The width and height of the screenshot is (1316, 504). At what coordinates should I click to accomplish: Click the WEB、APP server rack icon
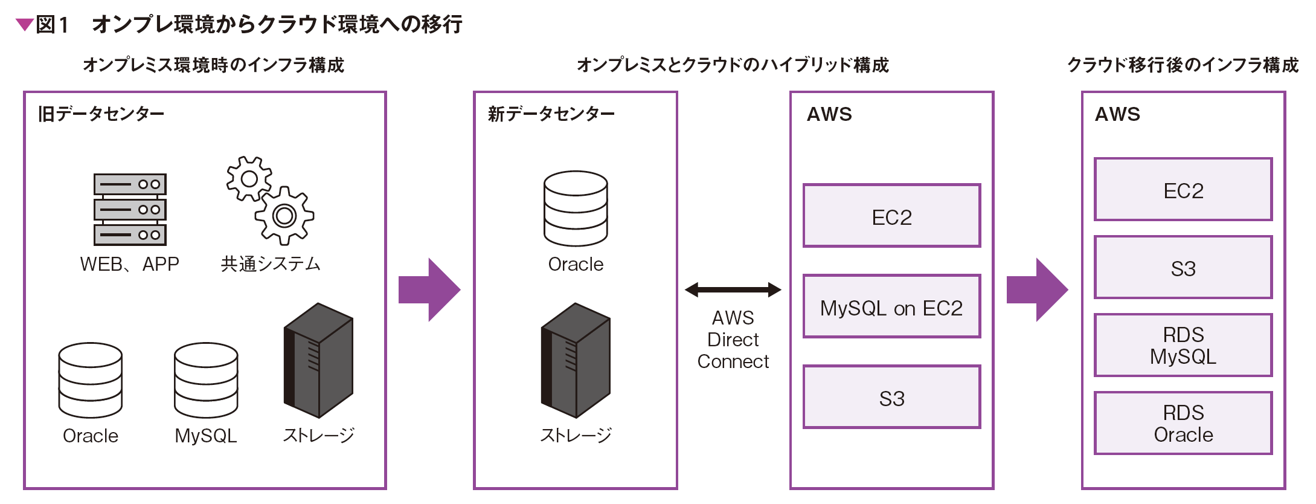130,209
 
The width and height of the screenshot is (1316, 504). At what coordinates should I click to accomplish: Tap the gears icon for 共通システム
270,201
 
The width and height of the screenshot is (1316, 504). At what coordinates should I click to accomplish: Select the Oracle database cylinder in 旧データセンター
91,380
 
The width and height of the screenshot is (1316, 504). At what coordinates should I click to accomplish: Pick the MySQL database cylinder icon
206,380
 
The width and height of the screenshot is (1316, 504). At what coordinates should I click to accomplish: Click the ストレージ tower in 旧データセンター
318,360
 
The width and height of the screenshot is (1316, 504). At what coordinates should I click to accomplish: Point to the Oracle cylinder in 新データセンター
576,208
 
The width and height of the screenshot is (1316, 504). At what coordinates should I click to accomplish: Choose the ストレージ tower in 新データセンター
576,360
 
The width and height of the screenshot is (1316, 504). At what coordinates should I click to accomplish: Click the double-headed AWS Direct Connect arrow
733,290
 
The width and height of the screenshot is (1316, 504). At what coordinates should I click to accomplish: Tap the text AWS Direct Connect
733,340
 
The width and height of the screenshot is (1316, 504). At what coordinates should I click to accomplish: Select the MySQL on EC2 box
891,306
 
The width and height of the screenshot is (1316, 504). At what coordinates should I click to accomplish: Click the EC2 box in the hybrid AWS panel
891,216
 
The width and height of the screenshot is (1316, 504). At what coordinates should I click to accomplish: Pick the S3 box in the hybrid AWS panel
891,397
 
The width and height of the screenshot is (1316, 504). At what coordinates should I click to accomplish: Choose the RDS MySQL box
1183,345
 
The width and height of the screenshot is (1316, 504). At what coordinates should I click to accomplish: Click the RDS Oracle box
1183,423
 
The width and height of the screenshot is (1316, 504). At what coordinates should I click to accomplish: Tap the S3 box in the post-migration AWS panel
1183,267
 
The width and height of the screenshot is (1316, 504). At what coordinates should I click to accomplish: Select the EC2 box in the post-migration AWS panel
1183,189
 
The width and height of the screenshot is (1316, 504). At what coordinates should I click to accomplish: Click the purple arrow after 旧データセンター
429,290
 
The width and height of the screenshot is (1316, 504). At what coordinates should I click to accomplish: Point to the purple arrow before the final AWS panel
1037,290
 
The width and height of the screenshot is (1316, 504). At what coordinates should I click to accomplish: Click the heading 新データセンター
551,114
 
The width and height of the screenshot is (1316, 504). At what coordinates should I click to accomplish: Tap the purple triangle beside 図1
24,25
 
